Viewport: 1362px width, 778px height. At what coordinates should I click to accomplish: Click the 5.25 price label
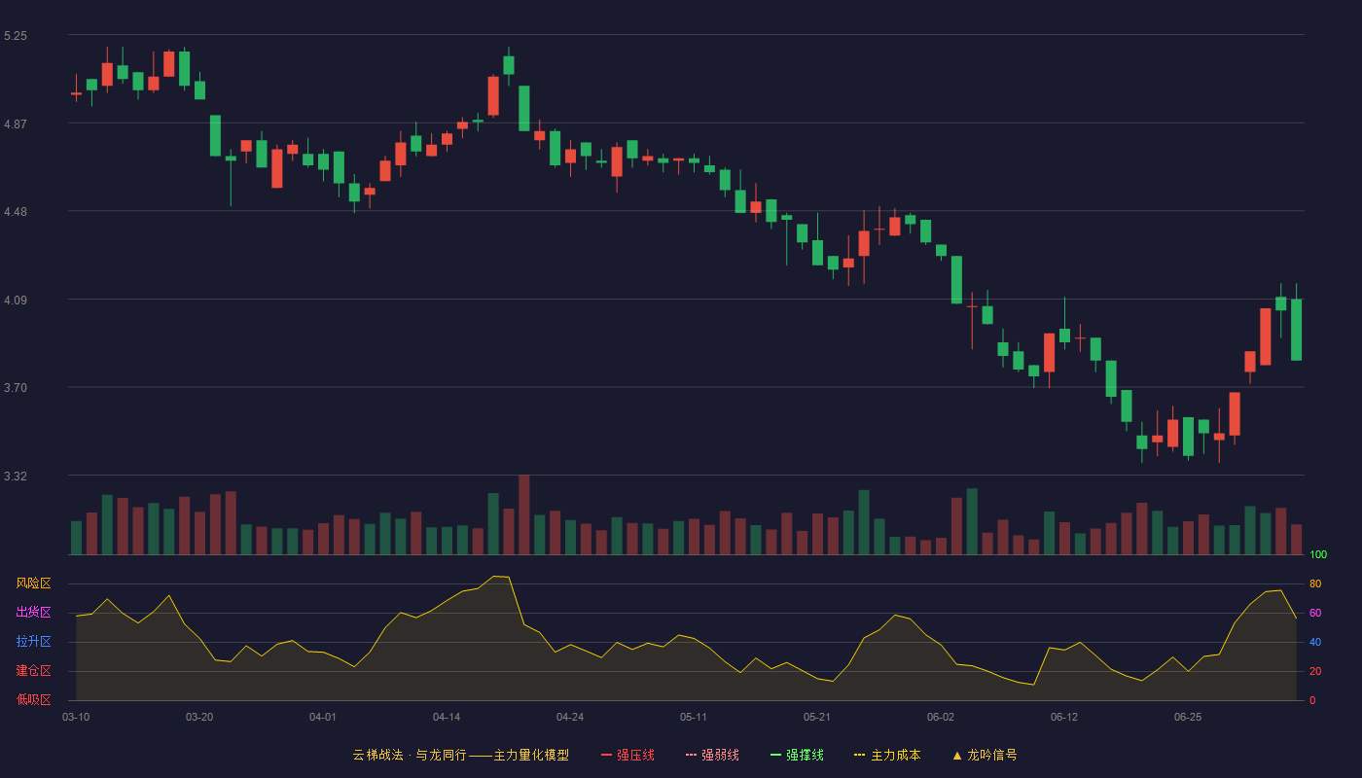(x=16, y=36)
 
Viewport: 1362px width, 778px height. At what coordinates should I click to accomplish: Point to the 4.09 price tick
(x=16, y=301)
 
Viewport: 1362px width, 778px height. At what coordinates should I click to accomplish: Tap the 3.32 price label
(x=16, y=476)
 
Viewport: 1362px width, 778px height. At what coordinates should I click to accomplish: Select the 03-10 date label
(x=76, y=718)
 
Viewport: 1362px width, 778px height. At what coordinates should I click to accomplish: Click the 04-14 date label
(x=447, y=718)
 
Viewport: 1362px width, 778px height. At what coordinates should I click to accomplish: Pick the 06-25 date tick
(x=1188, y=718)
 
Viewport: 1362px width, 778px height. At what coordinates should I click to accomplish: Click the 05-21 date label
(x=816, y=718)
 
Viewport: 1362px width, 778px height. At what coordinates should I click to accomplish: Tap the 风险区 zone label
(x=33, y=583)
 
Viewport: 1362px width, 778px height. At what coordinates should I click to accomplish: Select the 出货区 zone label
(x=33, y=612)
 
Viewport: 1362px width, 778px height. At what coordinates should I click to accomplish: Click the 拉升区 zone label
(x=33, y=641)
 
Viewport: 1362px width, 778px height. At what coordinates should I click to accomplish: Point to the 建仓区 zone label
(x=33, y=670)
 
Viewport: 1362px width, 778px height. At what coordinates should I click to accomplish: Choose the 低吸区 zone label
(x=33, y=699)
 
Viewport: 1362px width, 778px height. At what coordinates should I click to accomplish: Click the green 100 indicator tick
(x=1318, y=554)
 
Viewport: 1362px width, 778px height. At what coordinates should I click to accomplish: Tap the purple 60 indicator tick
(x=1315, y=613)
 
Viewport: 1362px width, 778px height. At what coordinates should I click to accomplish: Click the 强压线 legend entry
(x=627, y=755)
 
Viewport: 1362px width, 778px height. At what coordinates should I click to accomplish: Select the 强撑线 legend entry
(x=797, y=755)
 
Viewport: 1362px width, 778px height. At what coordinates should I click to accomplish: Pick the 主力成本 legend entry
(x=887, y=755)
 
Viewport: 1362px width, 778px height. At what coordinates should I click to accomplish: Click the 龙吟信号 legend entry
(x=985, y=755)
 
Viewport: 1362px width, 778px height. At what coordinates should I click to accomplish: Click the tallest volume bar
(x=524, y=514)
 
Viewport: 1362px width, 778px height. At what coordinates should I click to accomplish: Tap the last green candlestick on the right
(x=1296, y=330)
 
